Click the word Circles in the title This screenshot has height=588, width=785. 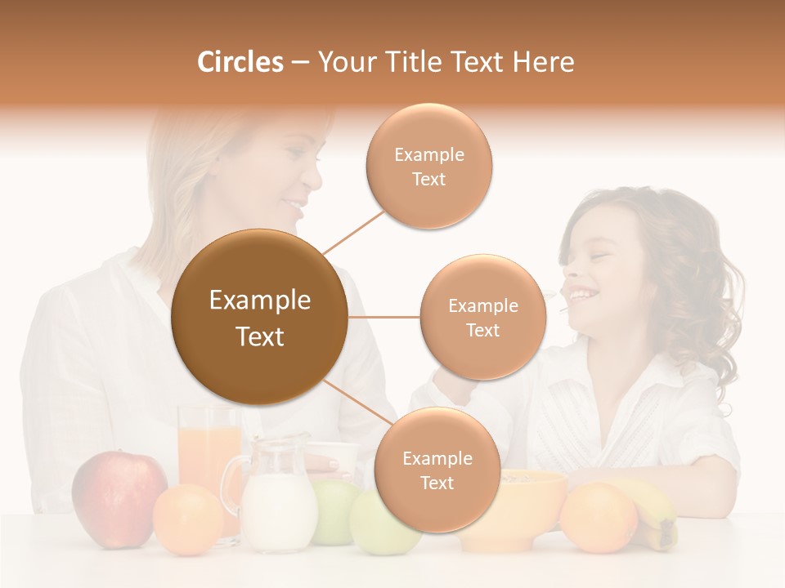click(240, 62)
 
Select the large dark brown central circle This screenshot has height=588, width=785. click(259, 317)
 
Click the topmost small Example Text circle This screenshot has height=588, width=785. click(428, 166)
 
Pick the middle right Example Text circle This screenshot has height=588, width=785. click(482, 317)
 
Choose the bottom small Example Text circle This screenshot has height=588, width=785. click(437, 470)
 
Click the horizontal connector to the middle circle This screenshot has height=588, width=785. click(384, 317)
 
